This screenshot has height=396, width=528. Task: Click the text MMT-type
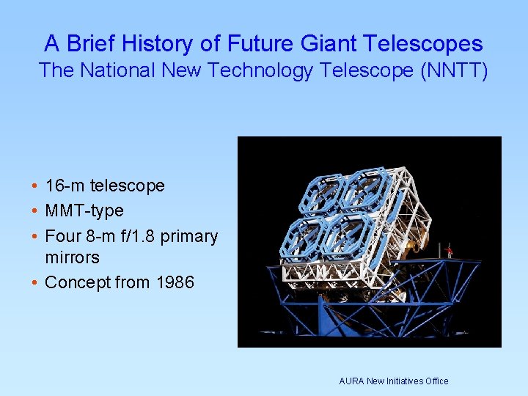pyautogui.click(x=84, y=211)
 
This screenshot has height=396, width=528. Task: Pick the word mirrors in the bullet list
pyautogui.click(x=72, y=257)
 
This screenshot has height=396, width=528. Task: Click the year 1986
pyautogui.click(x=175, y=282)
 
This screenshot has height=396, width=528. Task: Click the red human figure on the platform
pyautogui.click(x=449, y=252)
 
